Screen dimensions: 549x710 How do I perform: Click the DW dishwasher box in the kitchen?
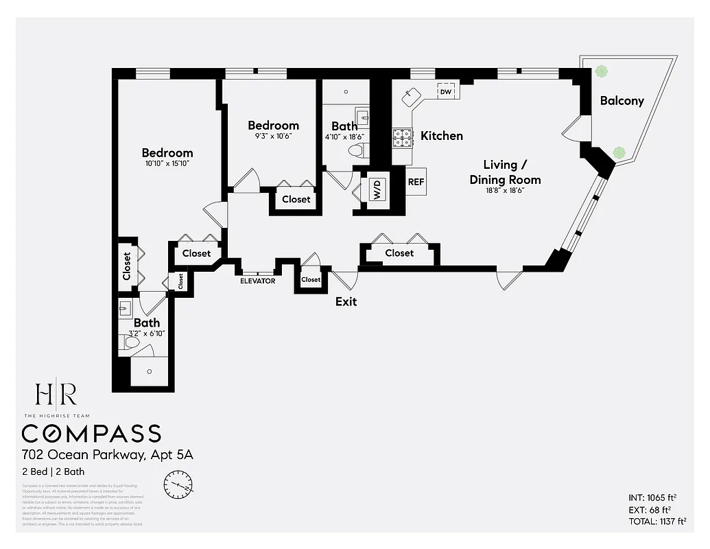pyautogui.click(x=446, y=91)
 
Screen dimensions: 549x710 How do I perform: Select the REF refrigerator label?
pyautogui.click(x=416, y=182)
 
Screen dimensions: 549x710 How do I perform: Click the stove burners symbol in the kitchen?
pyautogui.click(x=403, y=139)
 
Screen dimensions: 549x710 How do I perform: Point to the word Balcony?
pyautogui.click(x=622, y=101)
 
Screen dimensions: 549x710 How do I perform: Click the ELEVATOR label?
pyautogui.click(x=258, y=281)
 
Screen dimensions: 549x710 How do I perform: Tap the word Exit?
pyautogui.click(x=346, y=301)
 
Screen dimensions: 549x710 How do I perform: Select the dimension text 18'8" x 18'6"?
pyautogui.click(x=505, y=191)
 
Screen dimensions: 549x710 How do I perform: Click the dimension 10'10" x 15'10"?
pyautogui.click(x=167, y=164)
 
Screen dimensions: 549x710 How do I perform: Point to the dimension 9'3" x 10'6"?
pyautogui.click(x=273, y=136)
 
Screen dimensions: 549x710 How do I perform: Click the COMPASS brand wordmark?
pyautogui.click(x=91, y=434)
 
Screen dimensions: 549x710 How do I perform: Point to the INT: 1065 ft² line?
pyautogui.click(x=652, y=498)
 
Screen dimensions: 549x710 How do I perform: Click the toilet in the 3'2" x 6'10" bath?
pyautogui.click(x=132, y=341)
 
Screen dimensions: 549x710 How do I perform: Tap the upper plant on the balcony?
pyautogui.click(x=602, y=71)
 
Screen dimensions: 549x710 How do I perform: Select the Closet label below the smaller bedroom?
pyautogui.click(x=296, y=200)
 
